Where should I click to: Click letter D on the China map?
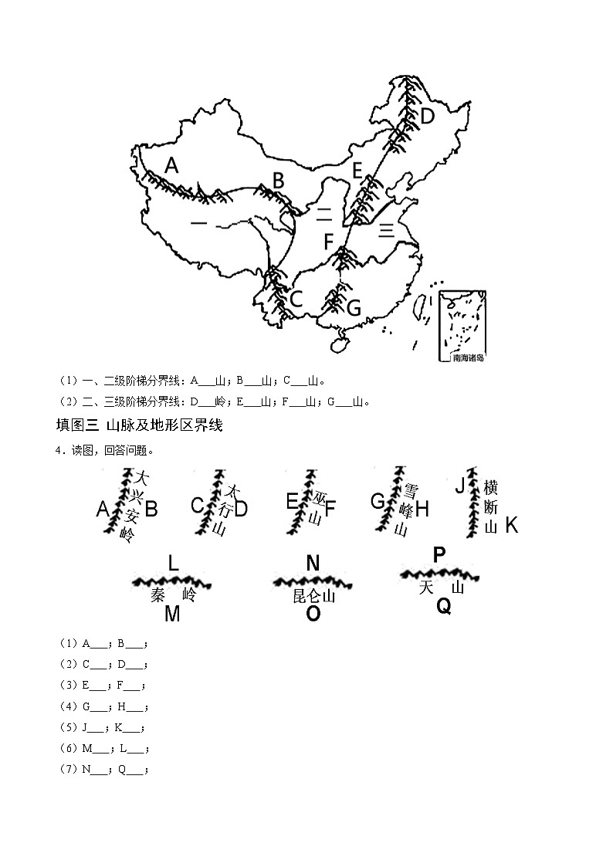pyautogui.click(x=427, y=117)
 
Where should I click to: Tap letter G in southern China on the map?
pyautogui.click(x=354, y=309)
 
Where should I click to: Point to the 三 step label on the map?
pyautogui.click(x=386, y=229)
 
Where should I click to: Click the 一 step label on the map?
pyautogui.click(x=198, y=224)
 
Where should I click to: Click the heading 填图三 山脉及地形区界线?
pyautogui.click(x=140, y=425)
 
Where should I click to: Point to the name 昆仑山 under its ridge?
pyautogui.click(x=313, y=596)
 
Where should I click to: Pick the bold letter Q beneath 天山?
pyautogui.click(x=443, y=607)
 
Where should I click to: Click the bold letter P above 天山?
pyautogui.click(x=439, y=554)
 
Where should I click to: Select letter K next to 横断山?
pyautogui.click(x=511, y=526)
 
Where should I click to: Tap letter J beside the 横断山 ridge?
pyautogui.click(x=460, y=486)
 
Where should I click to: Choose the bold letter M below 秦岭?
pyautogui.click(x=172, y=615)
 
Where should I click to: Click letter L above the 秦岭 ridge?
pyautogui.click(x=173, y=564)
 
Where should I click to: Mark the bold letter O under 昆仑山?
pyautogui.click(x=313, y=615)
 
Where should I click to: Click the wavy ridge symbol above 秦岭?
pyautogui.click(x=171, y=581)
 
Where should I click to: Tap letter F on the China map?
pyautogui.click(x=328, y=242)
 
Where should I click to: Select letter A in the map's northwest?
pyautogui.click(x=171, y=165)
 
